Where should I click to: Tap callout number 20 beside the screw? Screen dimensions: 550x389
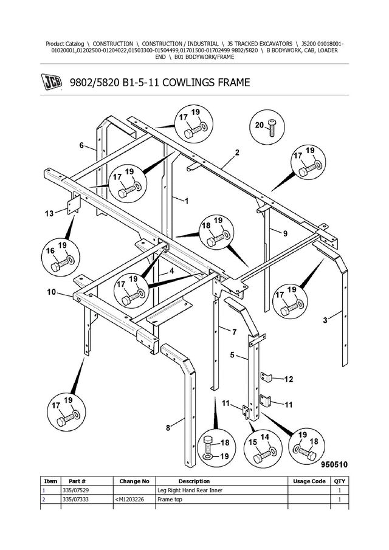pos(258,125)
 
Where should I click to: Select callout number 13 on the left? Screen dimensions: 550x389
pos(49,213)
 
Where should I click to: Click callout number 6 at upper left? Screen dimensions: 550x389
pos(81,145)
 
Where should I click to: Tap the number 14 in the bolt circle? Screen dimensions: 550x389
pos(265,436)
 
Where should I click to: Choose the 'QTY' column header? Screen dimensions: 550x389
pos(338,481)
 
